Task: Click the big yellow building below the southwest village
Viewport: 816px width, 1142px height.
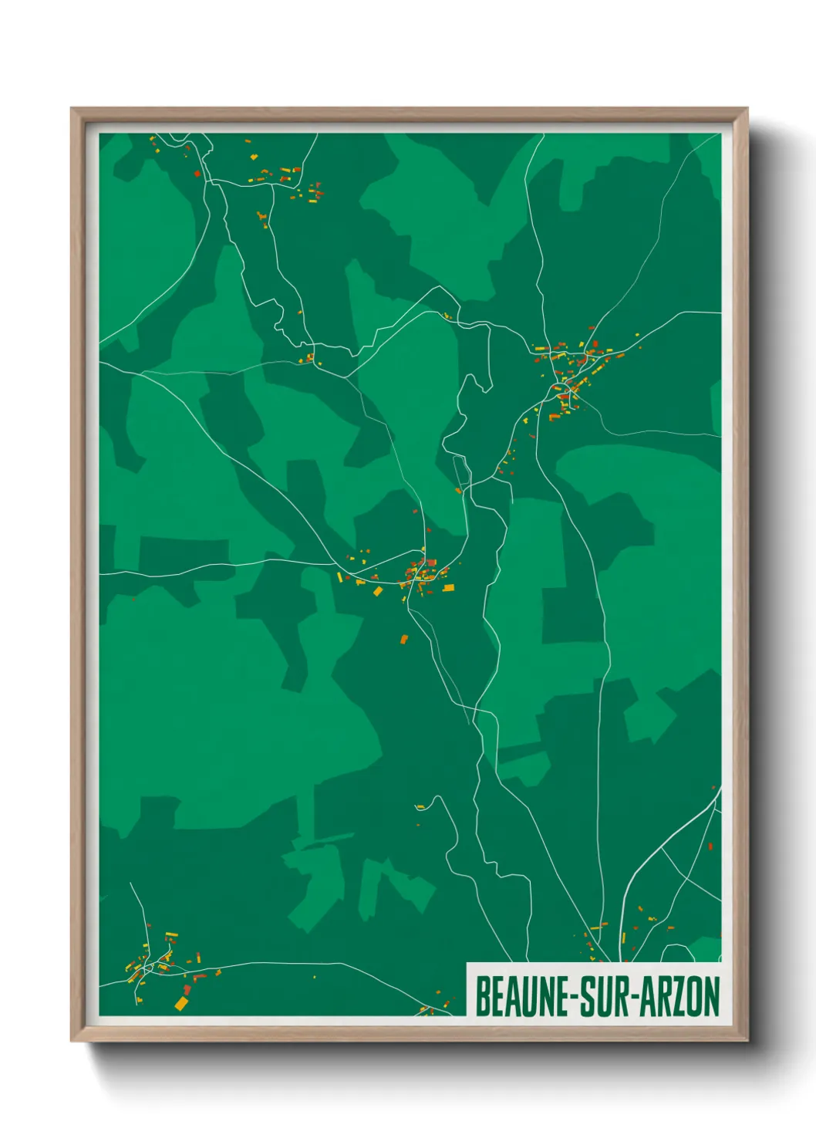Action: click(181, 1003)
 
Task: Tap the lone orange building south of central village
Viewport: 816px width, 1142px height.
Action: click(403, 639)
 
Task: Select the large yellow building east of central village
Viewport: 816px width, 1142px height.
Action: click(448, 589)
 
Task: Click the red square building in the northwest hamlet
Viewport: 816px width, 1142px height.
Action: click(197, 174)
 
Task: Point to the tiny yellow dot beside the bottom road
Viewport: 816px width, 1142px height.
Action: click(314, 978)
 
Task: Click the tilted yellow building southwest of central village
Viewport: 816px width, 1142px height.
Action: click(378, 591)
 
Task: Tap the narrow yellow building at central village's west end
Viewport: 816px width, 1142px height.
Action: click(339, 576)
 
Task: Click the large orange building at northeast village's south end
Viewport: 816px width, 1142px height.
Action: click(554, 417)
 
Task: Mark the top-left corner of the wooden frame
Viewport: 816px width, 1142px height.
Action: click(72, 109)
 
